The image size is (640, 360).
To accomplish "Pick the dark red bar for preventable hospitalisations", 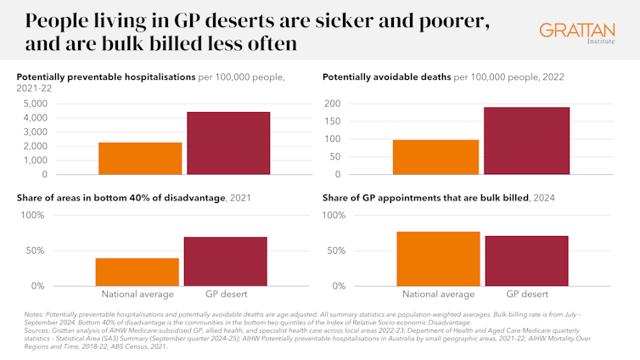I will [228, 143].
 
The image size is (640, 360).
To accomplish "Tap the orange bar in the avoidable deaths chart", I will [436, 157].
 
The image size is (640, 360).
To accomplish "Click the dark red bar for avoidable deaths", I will [526, 141].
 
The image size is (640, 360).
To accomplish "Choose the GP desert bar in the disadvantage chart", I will [225, 262].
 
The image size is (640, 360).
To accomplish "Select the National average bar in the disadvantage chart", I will [138, 272].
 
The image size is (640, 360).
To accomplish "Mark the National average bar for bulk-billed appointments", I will [438, 259].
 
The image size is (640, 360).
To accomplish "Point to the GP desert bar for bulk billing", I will [526, 261].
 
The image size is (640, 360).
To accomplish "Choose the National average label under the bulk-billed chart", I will [437, 294].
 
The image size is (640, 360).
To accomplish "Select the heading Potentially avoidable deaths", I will [386, 77].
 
